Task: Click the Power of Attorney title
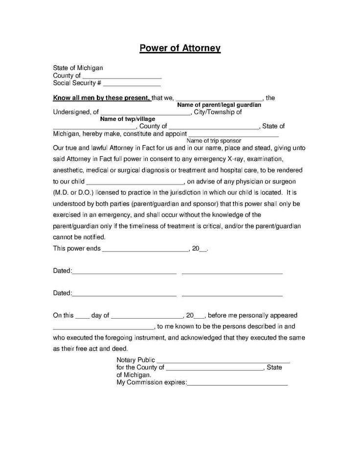[180, 48]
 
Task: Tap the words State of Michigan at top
[78, 68]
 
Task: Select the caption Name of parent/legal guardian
[219, 105]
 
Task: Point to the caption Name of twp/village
[127, 118]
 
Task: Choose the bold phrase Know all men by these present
[101, 97]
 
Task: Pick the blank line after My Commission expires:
[237, 385]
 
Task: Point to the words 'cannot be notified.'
[79, 237]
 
